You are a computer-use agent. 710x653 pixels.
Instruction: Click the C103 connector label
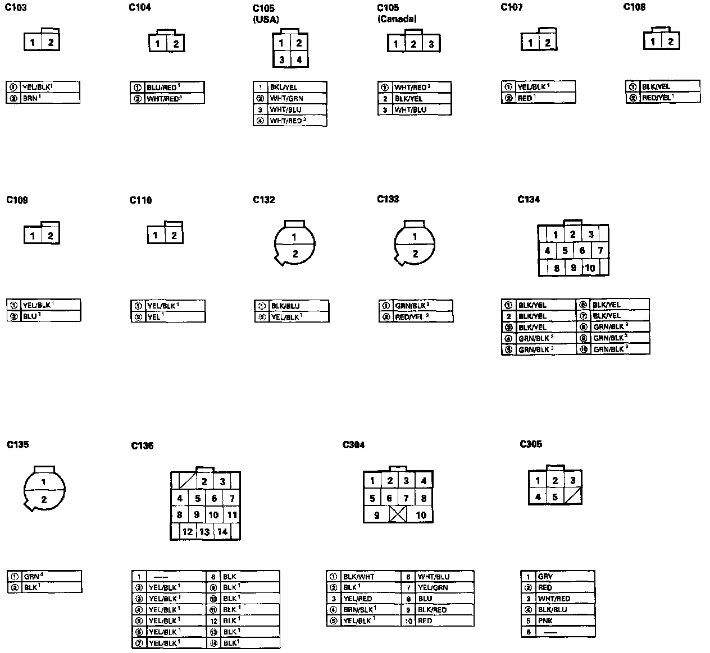16,8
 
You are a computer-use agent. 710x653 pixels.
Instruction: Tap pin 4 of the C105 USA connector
299,60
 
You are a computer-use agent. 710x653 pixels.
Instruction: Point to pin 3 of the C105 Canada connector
431,44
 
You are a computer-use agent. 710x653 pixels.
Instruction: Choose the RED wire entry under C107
526,98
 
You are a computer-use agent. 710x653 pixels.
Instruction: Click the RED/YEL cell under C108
656,98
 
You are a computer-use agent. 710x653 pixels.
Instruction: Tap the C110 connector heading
140,200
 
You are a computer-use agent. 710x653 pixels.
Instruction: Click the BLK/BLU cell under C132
285,306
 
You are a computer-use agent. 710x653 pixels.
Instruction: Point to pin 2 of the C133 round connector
415,254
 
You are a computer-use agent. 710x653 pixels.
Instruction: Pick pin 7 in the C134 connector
600,251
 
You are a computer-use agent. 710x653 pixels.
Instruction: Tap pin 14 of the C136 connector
222,531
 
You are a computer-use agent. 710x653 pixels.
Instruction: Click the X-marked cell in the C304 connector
398,514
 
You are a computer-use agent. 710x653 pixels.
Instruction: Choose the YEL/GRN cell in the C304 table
433,588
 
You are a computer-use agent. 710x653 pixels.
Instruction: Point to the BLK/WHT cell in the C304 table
358,577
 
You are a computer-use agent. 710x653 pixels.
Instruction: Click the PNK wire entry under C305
545,621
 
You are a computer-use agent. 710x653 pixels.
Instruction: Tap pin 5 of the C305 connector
554,496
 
